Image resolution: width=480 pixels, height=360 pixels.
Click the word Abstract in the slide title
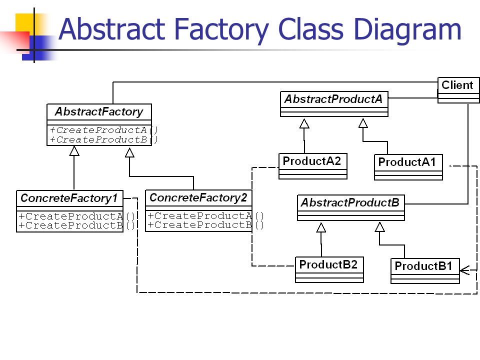tap(111, 29)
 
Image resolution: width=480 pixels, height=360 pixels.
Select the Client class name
tap(457, 85)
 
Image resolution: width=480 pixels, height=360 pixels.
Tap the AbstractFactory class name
tap(99, 111)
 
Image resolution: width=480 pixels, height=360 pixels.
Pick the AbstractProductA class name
tap(333, 99)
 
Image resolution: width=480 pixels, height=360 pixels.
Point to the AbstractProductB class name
tap(350, 202)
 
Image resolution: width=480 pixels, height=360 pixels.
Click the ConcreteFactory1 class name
tap(69, 198)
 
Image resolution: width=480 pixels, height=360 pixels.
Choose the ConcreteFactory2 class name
tap(198, 197)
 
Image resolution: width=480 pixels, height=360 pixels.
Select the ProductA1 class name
tap(407, 162)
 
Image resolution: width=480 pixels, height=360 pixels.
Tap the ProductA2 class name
tap(311, 161)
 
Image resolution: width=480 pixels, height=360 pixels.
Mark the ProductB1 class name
tap(423, 265)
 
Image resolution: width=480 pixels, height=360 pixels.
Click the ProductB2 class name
tap(328, 264)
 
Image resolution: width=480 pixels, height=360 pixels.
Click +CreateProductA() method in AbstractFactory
tap(104, 130)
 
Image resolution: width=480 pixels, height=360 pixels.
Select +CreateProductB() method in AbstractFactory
tap(104, 139)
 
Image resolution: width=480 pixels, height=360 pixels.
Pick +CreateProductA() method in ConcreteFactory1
tap(77, 216)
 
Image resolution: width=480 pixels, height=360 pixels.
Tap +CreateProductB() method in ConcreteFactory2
tap(205, 225)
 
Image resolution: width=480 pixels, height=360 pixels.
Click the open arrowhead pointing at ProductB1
tap(464, 270)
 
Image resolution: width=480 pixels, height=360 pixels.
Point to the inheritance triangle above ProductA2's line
tap(304, 123)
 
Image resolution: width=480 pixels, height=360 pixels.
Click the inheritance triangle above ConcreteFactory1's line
tap(74, 150)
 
